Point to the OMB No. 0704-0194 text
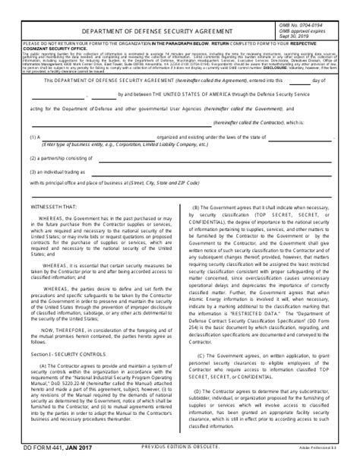pos(302,5)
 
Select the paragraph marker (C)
pos(200,355)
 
